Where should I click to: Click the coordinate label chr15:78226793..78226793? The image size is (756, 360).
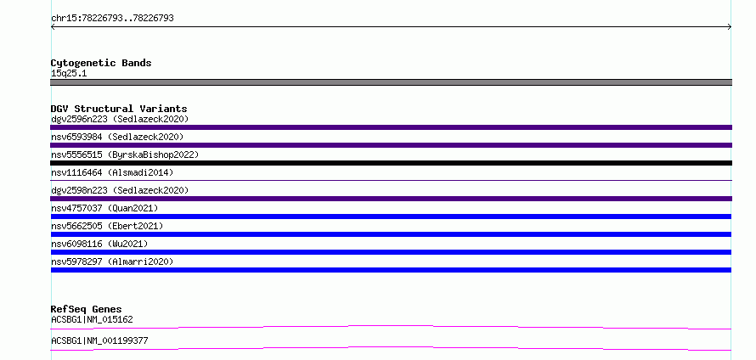pos(112,19)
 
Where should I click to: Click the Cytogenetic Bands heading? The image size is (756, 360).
pos(101,63)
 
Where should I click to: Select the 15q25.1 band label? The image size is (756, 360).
pos(69,74)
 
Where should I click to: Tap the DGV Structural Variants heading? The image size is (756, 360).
pos(119,109)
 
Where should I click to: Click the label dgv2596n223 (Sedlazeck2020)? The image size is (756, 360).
pos(120,119)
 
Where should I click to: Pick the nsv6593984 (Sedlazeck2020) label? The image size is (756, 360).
pos(117,137)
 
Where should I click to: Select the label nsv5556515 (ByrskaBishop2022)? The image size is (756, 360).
pos(125,155)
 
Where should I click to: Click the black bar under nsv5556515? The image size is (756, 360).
pos(391,163)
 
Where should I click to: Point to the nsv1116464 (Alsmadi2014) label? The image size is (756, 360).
pos(112,172)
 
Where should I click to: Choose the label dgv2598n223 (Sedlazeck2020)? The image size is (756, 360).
pos(120,190)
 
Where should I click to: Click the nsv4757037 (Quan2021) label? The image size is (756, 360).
pos(104,208)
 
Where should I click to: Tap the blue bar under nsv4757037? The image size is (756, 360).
pos(391,217)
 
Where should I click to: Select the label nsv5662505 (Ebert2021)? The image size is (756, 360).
pos(107,226)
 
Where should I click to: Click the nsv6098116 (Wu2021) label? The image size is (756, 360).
pos(99,244)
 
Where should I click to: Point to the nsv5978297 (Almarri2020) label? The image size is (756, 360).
pos(112,262)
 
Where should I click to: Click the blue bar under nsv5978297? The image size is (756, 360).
pos(391,270)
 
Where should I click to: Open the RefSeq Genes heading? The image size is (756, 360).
pos(86,309)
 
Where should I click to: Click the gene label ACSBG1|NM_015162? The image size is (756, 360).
pos(92,319)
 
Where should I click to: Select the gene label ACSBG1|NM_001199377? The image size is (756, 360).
pos(99,340)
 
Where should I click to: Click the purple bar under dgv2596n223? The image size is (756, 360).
pos(391,127)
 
